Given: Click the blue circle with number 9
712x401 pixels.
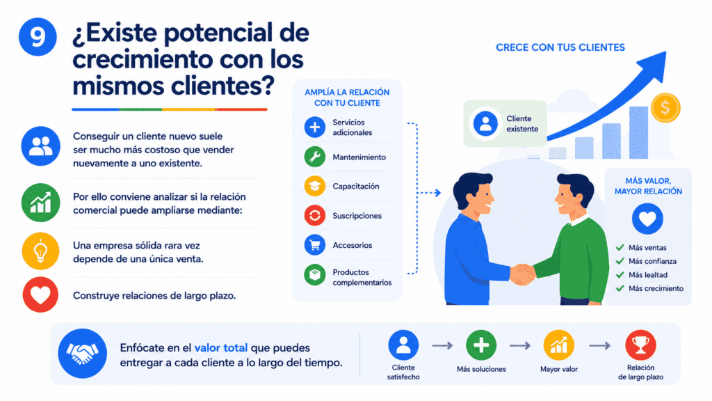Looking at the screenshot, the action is tap(38, 37).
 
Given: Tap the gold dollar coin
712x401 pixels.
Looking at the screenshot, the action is tap(665, 108).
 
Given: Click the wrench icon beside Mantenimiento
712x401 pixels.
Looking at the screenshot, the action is tap(315, 157).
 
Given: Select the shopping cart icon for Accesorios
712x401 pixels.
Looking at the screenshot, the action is tap(315, 245).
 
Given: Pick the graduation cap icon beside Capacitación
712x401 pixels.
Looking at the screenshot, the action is tap(315, 186).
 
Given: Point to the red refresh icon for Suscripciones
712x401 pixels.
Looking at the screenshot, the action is tap(315, 216).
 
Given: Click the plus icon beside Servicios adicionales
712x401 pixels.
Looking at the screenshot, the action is tap(315, 127).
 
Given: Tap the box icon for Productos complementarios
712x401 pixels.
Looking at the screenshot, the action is tap(315, 274).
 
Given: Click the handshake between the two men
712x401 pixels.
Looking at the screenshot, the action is tap(523, 274).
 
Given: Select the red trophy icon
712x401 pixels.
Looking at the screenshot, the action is tap(640, 345).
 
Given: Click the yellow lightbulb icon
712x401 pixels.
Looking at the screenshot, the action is tap(40, 251).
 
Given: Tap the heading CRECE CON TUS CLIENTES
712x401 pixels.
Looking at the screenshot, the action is tap(560, 47).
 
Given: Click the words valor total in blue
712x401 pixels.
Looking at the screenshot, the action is tap(220, 348).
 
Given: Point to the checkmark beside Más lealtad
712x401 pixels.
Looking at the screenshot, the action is tap(620, 274).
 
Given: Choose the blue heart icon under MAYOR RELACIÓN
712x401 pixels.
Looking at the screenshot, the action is tap(647, 218).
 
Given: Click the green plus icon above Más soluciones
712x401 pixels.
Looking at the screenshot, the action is tap(481, 345).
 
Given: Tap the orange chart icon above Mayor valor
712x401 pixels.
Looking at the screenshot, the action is tap(559, 345).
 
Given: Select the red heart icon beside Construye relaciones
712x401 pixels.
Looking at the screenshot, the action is tap(40, 294).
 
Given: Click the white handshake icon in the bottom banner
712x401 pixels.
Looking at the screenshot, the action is tap(82, 353).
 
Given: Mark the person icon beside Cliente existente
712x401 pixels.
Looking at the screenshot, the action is tap(485, 123).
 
